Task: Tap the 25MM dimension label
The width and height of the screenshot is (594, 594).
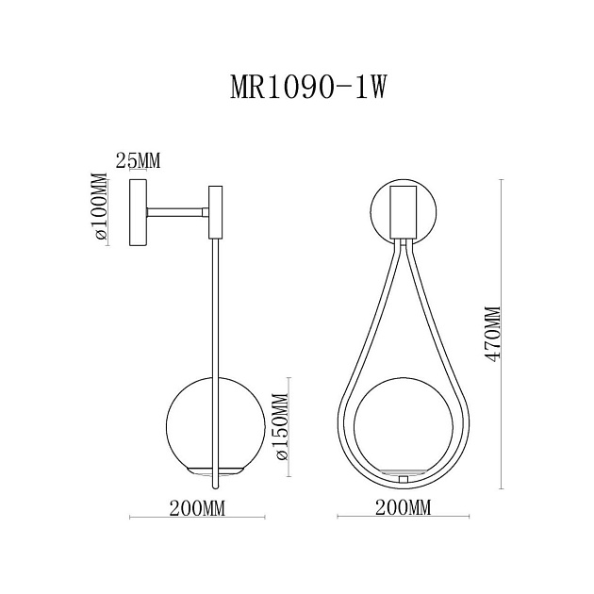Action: click(137, 160)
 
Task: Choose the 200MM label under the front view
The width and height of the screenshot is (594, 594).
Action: click(403, 508)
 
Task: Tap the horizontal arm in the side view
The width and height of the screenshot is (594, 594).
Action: click(174, 213)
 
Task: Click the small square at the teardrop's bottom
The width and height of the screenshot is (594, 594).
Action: click(404, 480)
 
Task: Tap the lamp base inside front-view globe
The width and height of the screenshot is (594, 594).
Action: click(404, 469)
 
